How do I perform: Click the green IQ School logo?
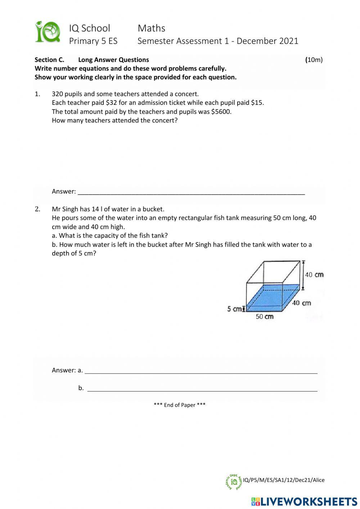[47, 32]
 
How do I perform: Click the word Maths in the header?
[151, 28]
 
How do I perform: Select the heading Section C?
[49, 60]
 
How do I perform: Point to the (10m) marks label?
[314, 60]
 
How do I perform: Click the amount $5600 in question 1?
[221, 112]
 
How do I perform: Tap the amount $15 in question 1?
[257, 103]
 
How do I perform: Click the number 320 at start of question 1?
[58, 94]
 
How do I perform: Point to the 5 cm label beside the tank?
[234, 309]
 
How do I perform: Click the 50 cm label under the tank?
[265, 317]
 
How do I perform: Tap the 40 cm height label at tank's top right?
[314, 275]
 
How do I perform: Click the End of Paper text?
[180, 405]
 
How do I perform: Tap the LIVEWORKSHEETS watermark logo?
[304, 501]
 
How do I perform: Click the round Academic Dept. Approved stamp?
[234, 482]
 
